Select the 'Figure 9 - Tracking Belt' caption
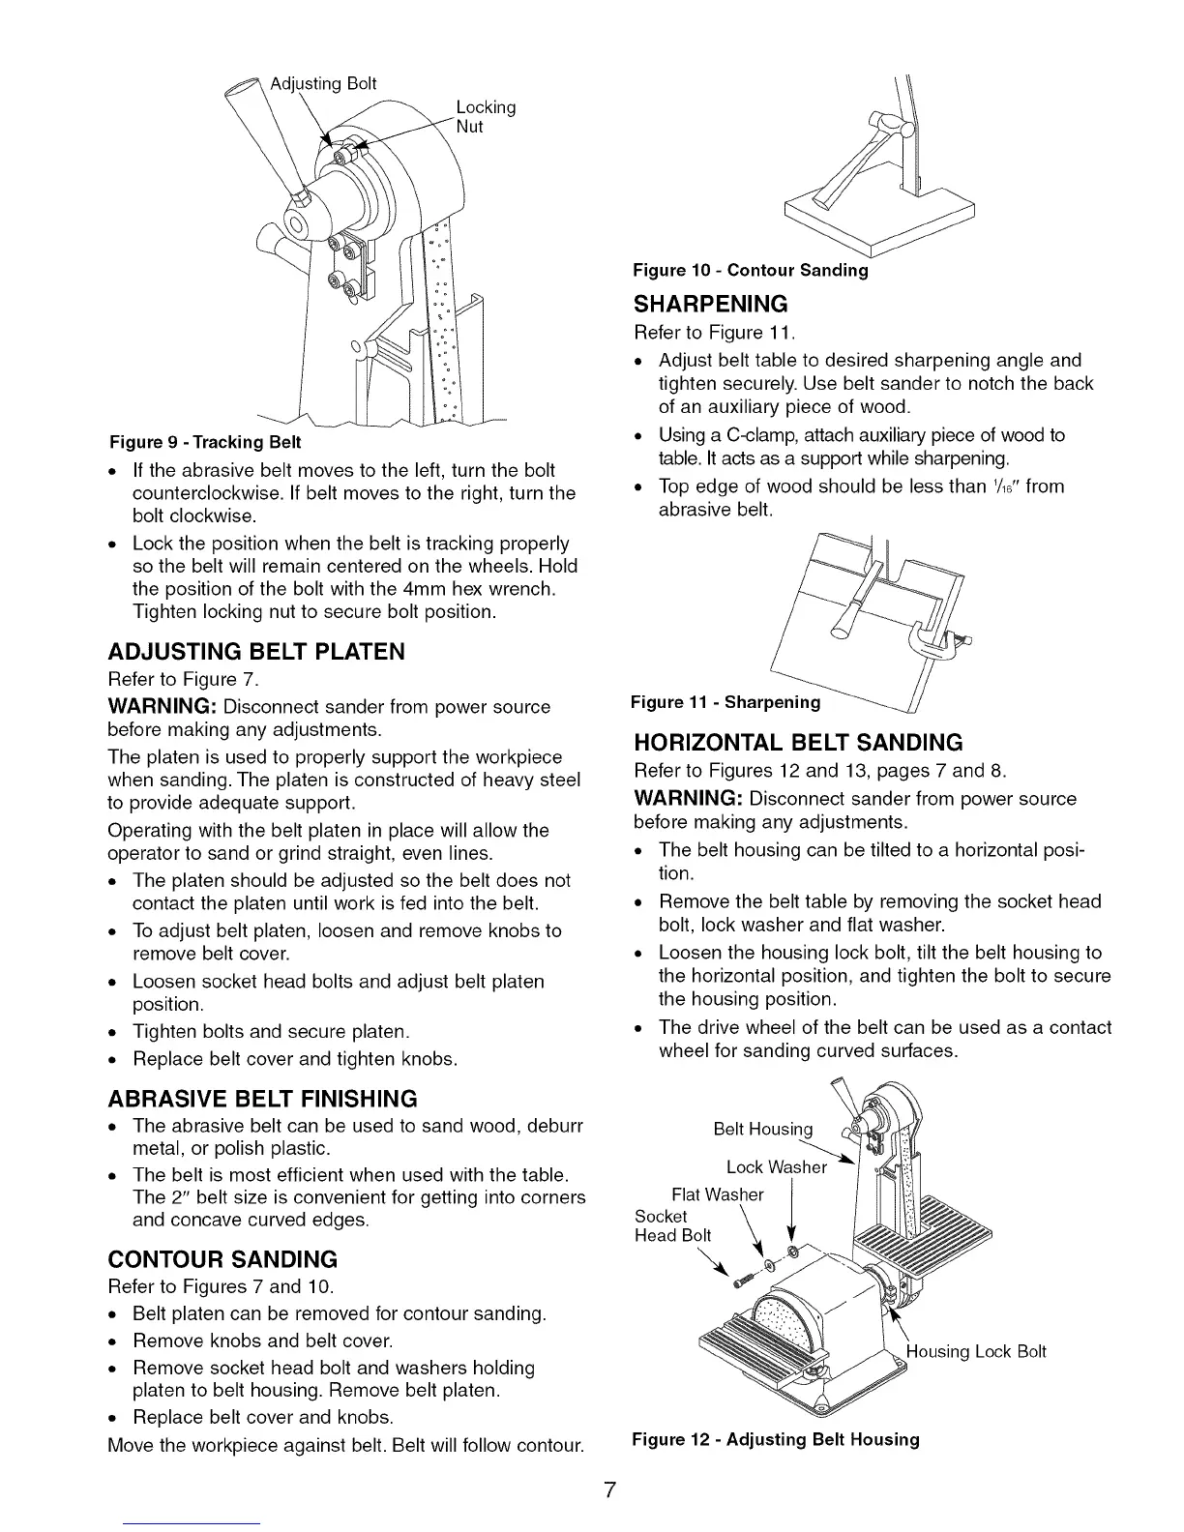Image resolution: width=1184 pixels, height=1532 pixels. pyautogui.click(x=205, y=442)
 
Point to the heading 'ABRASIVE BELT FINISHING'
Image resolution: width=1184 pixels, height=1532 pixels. pyautogui.click(x=263, y=1099)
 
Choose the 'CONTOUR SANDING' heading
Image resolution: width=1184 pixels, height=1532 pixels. pyautogui.click(x=222, y=1259)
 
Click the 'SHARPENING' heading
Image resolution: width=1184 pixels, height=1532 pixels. pyautogui.click(x=711, y=305)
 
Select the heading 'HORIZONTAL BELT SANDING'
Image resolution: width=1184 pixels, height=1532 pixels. pyautogui.click(x=798, y=743)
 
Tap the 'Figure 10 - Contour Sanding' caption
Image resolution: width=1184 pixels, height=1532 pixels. pyautogui.click(x=750, y=271)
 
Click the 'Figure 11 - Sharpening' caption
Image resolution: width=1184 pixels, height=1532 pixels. pyautogui.click(x=725, y=701)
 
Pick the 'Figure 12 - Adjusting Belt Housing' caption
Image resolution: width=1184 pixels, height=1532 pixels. pyautogui.click(x=775, y=1439)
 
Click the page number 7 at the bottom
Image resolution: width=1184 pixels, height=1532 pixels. pyautogui.click(x=609, y=1489)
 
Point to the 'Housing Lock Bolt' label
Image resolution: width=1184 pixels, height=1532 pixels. pyautogui.click(x=976, y=1351)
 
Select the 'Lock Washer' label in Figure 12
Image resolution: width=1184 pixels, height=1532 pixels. pyautogui.click(x=776, y=1166)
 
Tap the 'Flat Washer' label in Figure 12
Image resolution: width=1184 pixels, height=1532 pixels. pyautogui.click(x=717, y=1194)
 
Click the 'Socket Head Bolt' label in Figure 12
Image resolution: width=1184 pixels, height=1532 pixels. pyautogui.click(x=672, y=1225)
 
